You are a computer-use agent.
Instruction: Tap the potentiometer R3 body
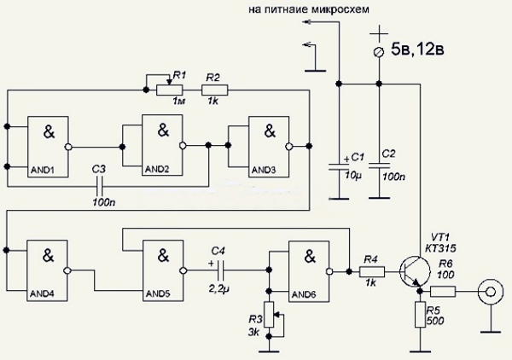coord(269,316)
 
